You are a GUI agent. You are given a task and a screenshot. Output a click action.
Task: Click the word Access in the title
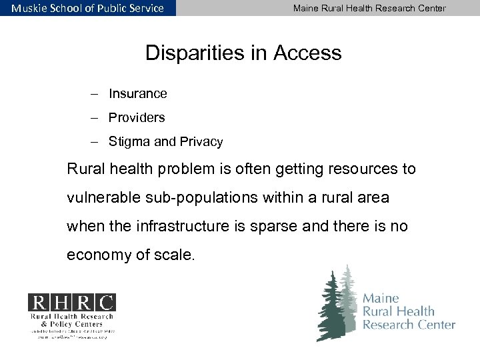(x=307, y=53)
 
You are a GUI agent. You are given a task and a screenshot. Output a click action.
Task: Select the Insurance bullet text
(x=138, y=94)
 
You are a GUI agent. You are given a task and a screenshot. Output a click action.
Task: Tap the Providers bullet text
(x=137, y=118)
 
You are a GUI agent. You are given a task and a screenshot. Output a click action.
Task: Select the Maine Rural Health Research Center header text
(x=369, y=8)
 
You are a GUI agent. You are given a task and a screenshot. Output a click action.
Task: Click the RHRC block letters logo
(x=71, y=303)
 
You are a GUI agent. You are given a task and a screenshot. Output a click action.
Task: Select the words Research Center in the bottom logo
(x=409, y=325)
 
